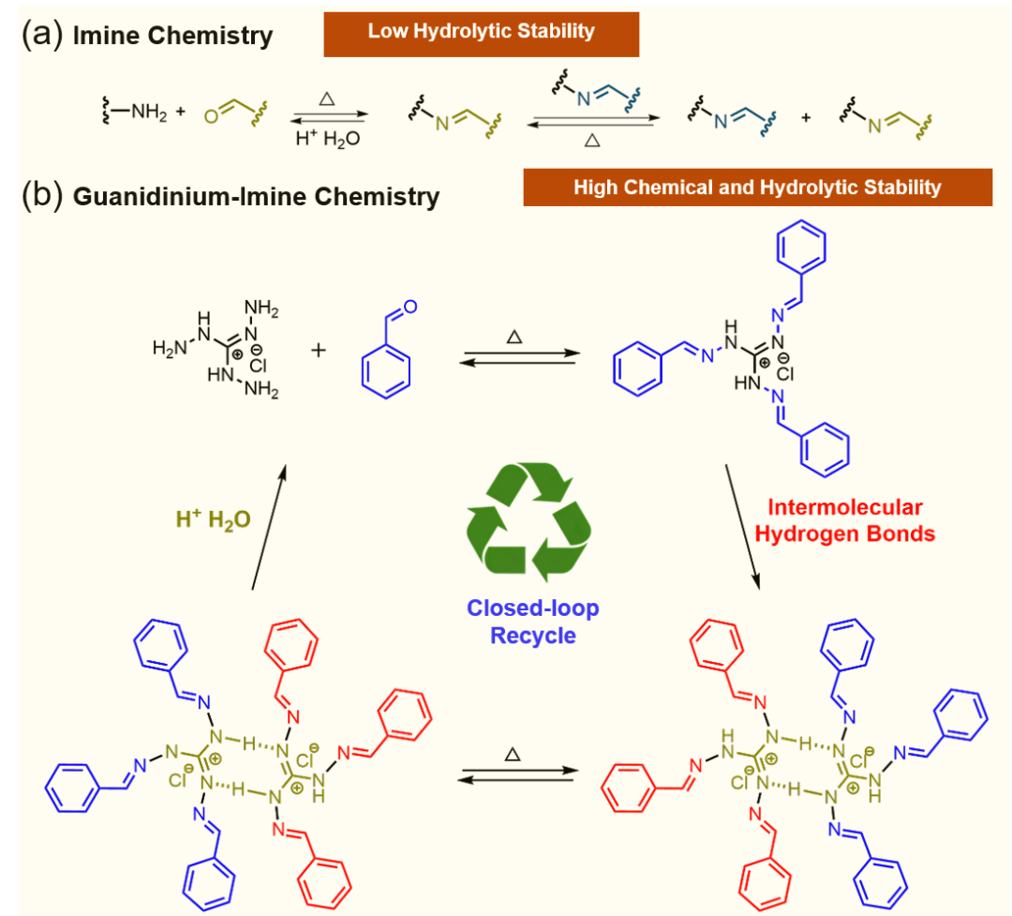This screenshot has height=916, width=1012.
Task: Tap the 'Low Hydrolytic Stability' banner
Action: tap(482, 35)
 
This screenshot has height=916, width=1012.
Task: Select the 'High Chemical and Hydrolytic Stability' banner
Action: tap(758, 188)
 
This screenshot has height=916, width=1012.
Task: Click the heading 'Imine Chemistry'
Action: tap(173, 36)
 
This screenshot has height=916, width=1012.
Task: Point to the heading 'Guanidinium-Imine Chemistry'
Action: tap(256, 196)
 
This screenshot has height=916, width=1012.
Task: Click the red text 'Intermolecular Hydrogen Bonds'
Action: tap(845, 520)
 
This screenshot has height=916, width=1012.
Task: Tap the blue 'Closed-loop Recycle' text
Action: tap(533, 622)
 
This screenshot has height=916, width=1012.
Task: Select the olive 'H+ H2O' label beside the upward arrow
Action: tap(213, 518)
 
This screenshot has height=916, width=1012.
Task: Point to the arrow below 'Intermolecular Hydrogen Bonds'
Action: tap(743, 527)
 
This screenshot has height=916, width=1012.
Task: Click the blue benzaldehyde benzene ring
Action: tap(386, 372)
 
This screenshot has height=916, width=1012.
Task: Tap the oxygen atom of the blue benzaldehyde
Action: tap(410, 307)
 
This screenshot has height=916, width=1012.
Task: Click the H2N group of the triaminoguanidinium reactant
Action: tap(170, 348)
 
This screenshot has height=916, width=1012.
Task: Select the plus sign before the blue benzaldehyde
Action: tap(319, 350)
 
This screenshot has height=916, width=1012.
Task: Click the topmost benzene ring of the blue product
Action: tap(801, 247)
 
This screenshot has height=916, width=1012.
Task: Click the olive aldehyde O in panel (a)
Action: tap(211, 116)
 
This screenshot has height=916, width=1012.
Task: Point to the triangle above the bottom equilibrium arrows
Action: tap(513, 754)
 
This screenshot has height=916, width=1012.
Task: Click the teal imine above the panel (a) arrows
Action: tap(596, 93)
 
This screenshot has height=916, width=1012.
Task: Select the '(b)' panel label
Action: tap(42, 193)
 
